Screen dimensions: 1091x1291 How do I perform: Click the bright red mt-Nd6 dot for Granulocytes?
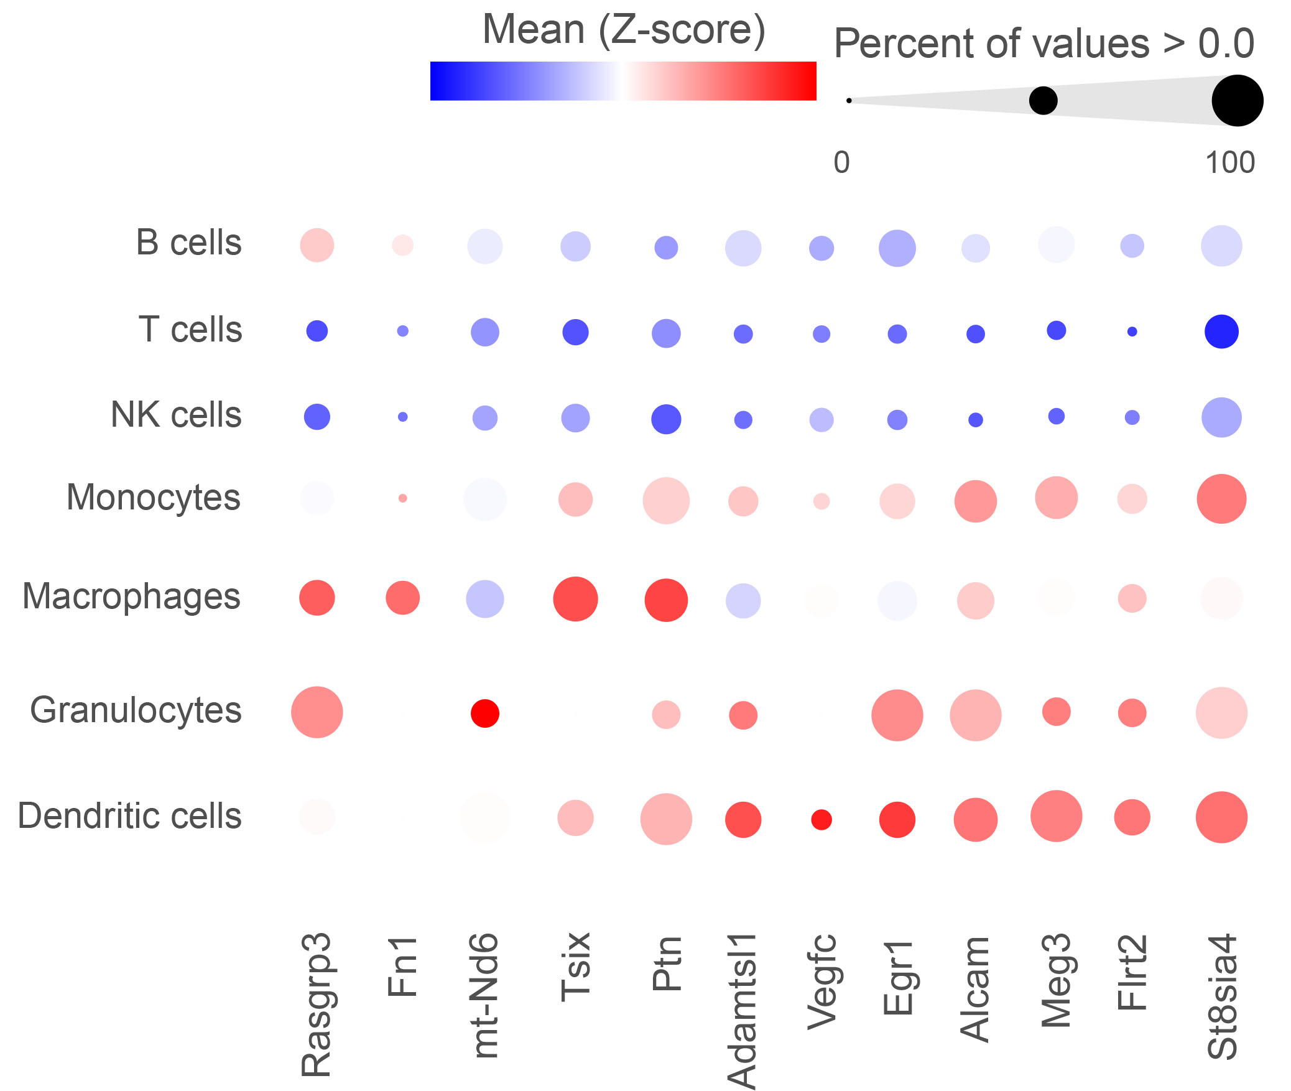[485, 713]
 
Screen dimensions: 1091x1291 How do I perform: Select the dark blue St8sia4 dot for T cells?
[1221, 332]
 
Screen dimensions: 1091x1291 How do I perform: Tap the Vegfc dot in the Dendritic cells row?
[821, 820]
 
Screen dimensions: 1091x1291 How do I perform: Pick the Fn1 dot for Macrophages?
[403, 598]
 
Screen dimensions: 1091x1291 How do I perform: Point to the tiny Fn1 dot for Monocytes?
[403, 498]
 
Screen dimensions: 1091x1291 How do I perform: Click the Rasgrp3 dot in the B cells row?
[317, 245]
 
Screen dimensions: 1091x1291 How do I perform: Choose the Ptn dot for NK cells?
[666, 419]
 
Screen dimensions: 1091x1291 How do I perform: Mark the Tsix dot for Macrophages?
[575, 599]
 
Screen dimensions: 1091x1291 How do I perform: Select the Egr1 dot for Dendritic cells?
[897, 820]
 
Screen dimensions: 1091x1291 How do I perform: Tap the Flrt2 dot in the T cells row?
[1132, 332]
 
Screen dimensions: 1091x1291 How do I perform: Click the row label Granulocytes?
[136, 710]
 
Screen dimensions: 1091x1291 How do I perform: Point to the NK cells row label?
[176, 415]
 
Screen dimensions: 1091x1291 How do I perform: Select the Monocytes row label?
[153, 498]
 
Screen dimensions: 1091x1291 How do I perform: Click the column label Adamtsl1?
[742, 1010]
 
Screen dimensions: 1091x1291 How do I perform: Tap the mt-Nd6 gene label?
[485, 995]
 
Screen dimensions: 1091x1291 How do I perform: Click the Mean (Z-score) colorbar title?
[624, 30]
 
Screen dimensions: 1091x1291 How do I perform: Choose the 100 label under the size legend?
[1230, 163]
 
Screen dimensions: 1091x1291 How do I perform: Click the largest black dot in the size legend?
[1238, 101]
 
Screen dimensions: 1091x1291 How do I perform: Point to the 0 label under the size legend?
[841, 163]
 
